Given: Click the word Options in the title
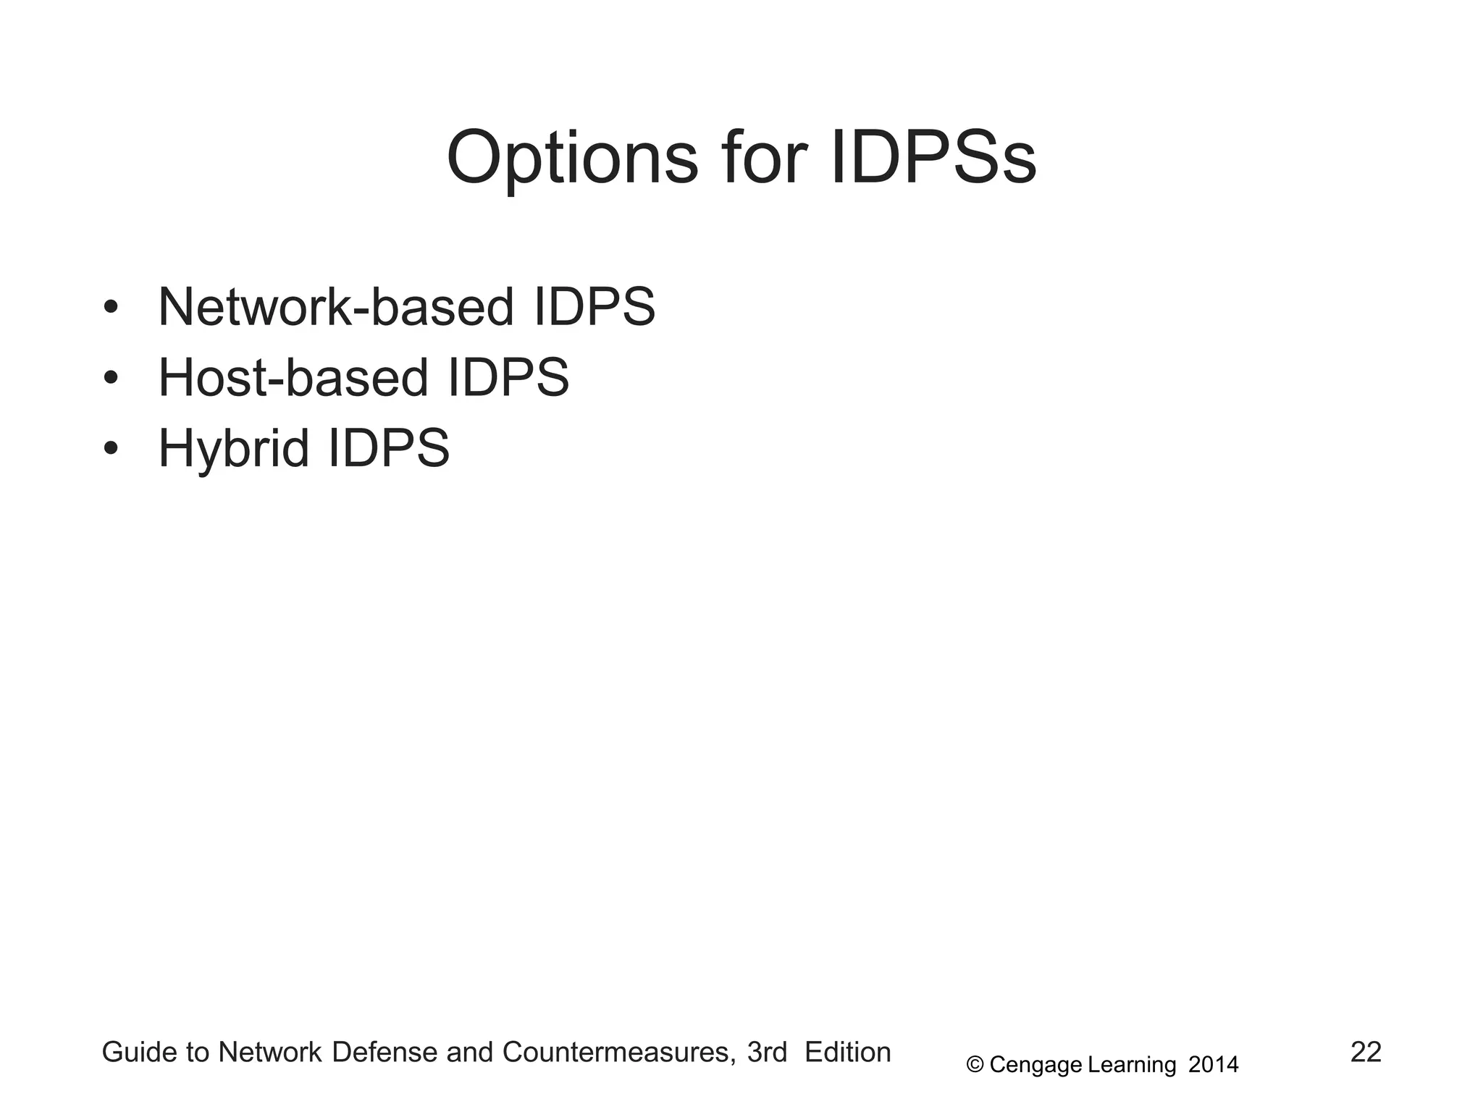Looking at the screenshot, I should [x=572, y=159].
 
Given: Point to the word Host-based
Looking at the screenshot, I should [x=293, y=378].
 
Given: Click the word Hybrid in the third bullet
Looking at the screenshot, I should [x=233, y=449].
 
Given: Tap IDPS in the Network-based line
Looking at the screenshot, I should [x=594, y=307].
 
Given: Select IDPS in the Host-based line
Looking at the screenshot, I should [x=508, y=378].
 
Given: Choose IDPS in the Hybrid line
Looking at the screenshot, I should [x=389, y=449].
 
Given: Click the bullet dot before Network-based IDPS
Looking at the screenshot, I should [x=110, y=307].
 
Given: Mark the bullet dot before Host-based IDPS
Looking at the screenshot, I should [x=110, y=378].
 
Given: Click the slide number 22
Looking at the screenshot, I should [x=1366, y=1052].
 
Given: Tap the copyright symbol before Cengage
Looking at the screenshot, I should [x=975, y=1064].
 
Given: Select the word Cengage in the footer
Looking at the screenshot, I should [x=1035, y=1065].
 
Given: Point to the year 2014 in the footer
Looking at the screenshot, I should [x=1214, y=1064].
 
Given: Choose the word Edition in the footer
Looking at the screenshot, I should [x=847, y=1053].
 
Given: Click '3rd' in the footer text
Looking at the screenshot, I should [x=767, y=1053].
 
